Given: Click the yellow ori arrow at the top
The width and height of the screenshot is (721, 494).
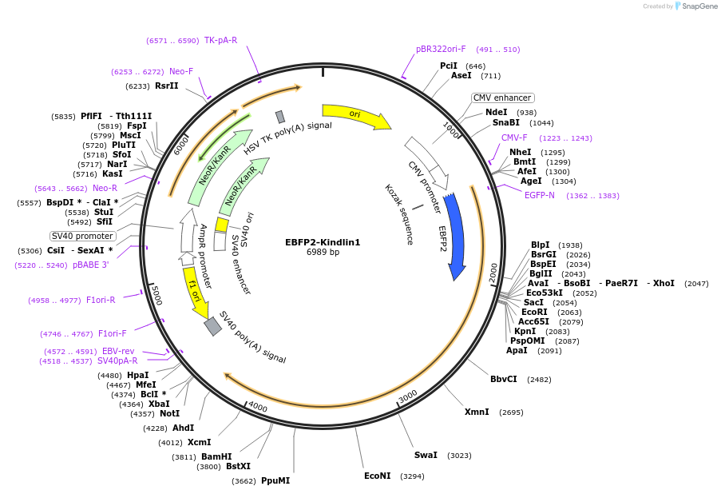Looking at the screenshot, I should pos(355,115).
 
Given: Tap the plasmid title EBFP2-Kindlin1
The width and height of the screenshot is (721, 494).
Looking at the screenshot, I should pos(323,242).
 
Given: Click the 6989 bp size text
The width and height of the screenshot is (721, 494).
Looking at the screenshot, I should pos(323,253).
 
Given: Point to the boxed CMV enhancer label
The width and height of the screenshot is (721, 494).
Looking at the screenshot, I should pos(502,98).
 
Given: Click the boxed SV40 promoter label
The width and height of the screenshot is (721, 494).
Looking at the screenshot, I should pos(82,236).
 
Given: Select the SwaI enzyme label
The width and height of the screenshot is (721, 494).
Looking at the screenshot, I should pos(426,455).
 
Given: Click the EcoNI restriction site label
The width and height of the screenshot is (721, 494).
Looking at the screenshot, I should pos(378,476).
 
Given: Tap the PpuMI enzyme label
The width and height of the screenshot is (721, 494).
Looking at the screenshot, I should pos(275,480).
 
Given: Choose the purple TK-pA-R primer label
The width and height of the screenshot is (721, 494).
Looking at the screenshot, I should pos(220,40).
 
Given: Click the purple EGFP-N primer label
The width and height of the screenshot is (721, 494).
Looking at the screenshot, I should pos(539,195).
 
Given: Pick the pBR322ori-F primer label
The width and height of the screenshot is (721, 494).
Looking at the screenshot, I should pos(441,49).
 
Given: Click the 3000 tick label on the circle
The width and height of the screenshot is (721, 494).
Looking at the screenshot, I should pos(408,396).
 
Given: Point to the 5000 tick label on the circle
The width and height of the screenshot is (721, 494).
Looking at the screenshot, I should pos(156,297).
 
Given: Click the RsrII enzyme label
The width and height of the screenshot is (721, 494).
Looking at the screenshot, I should pos(167,86).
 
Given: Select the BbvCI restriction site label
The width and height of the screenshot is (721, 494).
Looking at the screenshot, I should pos(504,379).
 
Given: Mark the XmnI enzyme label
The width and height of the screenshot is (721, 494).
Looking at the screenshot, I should pos(477,412).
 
